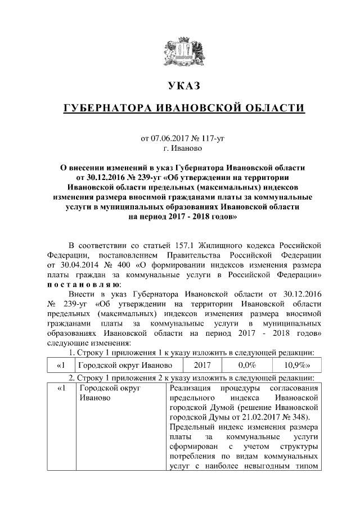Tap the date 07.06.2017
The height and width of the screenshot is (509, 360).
coord(168,138)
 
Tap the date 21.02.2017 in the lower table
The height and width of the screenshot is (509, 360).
coord(265,417)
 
